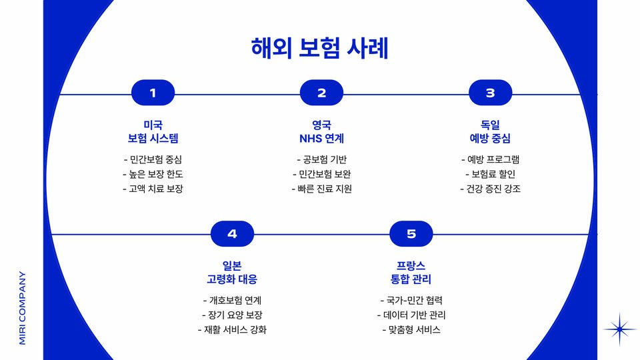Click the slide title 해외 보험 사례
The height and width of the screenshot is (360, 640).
[319, 49]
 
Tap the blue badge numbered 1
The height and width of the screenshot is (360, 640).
[153, 93]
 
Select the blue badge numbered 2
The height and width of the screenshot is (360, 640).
[321, 93]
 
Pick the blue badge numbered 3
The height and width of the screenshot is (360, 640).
[490, 93]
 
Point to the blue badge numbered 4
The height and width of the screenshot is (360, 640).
[232, 234]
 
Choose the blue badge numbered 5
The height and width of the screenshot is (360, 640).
[411, 234]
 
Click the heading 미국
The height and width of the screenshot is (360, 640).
[153, 125]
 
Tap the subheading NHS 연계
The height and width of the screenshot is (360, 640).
[321, 139]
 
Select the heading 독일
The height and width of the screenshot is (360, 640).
[490, 125]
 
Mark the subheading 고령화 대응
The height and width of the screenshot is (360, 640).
[232, 279]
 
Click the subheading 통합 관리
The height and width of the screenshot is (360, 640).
[411, 279]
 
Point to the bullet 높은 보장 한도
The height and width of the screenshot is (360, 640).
[153, 174]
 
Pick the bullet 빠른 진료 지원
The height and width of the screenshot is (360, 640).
[321, 189]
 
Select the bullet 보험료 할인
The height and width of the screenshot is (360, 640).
[490, 174]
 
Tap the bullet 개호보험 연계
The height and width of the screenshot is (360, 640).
[232, 300]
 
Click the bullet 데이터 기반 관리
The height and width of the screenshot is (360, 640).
[411, 315]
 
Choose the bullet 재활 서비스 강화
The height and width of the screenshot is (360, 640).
[232, 329]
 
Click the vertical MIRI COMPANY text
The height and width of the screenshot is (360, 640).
[22, 307]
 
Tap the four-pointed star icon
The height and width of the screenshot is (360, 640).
[620, 329]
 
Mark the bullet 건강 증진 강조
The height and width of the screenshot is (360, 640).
[490, 189]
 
